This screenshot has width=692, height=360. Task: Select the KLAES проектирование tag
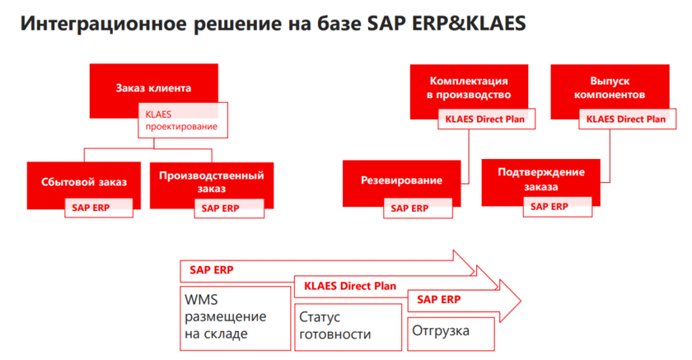click(x=183, y=120)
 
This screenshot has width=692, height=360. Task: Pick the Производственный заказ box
click(x=212, y=181)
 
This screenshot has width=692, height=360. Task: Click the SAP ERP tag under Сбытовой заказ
click(x=99, y=208)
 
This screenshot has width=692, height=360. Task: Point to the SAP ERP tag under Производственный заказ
click(x=229, y=208)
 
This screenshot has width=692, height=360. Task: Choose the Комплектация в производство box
click(x=469, y=87)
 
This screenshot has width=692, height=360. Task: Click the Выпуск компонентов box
click(x=610, y=87)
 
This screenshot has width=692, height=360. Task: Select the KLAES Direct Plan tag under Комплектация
click(x=486, y=119)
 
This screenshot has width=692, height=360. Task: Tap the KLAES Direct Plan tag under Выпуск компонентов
click(x=627, y=119)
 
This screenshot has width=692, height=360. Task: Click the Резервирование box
click(x=402, y=180)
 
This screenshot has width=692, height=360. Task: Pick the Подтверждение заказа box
click(x=540, y=179)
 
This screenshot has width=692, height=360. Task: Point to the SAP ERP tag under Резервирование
click(x=418, y=208)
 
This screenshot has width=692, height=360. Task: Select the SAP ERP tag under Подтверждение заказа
click(x=558, y=207)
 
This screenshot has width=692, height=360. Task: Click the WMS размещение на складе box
click(x=236, y=319)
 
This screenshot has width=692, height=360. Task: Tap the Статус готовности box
click(x=348, y=327)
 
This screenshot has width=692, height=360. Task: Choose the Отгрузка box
click(x=451, y=334)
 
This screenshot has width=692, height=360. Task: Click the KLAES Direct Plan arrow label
click(x=350, y=286)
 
